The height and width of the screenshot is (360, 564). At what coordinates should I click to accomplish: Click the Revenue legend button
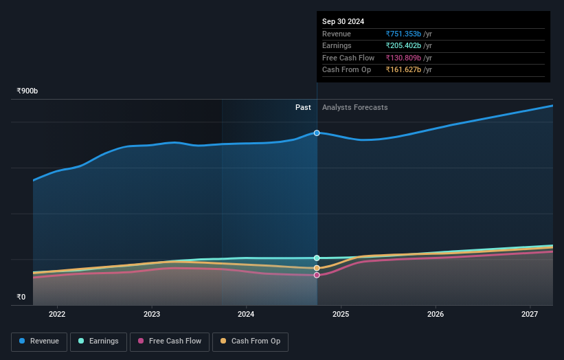coord(39,341)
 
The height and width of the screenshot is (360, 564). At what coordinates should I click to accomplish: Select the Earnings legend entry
coord(98,341)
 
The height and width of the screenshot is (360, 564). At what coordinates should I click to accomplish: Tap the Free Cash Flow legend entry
coord(169,341)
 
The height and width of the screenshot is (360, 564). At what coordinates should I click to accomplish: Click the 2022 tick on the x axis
coord(57,315)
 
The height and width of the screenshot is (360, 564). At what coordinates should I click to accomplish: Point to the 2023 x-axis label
coord(152,315)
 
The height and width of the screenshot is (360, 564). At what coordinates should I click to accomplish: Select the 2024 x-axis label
coord(246,315)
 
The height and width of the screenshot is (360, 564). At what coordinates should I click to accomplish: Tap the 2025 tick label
coord(341,315)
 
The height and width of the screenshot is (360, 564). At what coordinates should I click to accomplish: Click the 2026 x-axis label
coord(435,315)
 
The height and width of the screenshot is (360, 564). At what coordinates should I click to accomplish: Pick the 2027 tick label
coord(530,315)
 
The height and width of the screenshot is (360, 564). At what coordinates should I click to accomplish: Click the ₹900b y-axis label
coord(27,91)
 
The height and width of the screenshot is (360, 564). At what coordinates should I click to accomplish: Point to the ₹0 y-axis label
coord(21,297)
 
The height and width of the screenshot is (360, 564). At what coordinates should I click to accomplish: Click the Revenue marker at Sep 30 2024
coord(317,133)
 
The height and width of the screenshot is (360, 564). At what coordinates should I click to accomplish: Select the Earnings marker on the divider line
coord(317,258)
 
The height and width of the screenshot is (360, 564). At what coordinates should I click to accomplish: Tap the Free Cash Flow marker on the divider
coord(317,275)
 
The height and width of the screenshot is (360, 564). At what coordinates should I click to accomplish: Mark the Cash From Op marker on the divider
coord(317,268)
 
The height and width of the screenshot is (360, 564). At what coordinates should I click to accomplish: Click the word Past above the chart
coord(303,108)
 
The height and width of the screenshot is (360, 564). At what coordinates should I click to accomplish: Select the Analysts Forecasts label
coord(354,108)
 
